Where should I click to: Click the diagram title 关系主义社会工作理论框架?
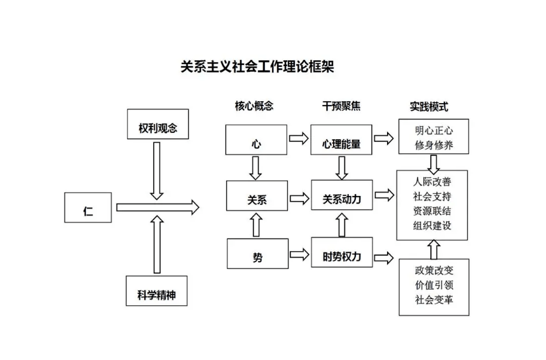(257, 67)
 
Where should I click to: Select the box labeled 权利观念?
(157, 127)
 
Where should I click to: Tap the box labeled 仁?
(88, 208)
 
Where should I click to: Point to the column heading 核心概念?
(254, 106)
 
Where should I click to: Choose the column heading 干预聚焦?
(341, 106)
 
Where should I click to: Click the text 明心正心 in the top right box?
(433, 130)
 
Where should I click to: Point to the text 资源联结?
(432, 211)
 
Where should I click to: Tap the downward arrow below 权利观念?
(157, 170)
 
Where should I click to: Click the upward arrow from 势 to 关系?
(256, 224)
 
